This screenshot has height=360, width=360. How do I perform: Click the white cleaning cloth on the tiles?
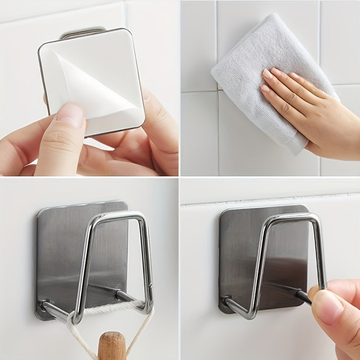tap(270, 58)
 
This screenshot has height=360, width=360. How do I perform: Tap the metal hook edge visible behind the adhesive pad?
tap(83, 31)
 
